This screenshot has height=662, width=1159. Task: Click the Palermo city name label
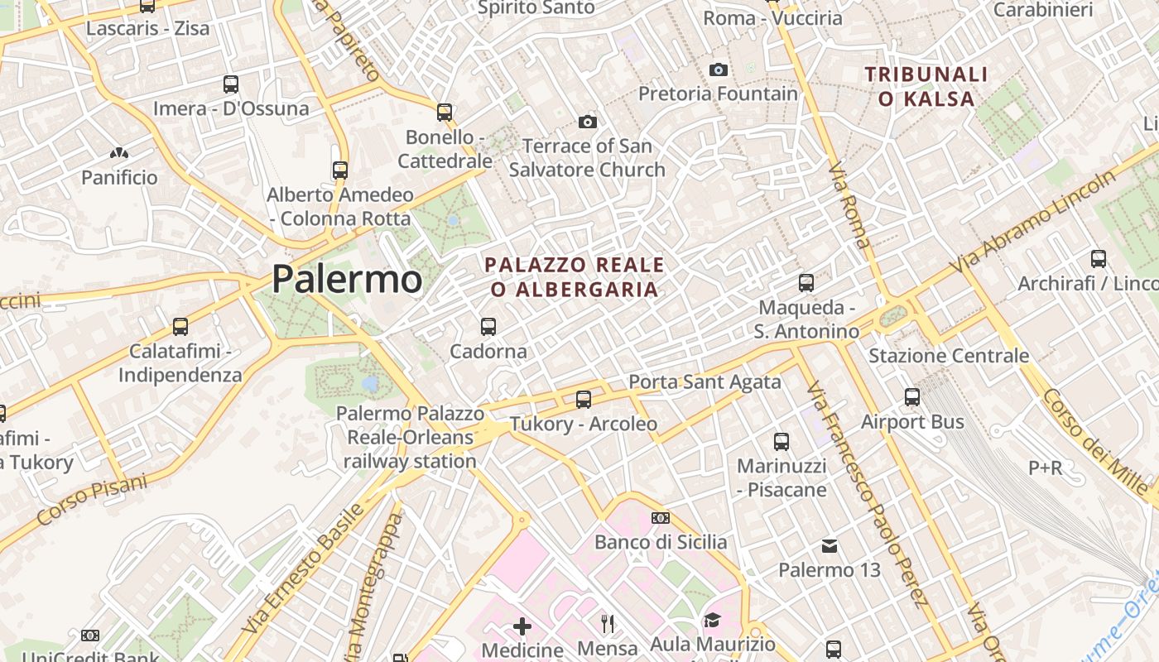tap(347, 280)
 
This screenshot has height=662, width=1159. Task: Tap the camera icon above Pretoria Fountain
tap(719, 70)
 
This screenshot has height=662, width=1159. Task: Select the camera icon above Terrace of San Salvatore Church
tap(587, 122)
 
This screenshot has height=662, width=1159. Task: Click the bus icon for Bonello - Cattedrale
tap(445, 112)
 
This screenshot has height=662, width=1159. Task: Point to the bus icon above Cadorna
tap(488, 327)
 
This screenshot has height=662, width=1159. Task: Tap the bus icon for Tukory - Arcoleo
tap(584, 400)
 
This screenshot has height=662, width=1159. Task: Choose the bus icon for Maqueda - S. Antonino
tap(806, 283)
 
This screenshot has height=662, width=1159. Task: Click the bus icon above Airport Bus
tap(912, 397)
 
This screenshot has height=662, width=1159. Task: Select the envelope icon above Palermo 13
tap(830, 546)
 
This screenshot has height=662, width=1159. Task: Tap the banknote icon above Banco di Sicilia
tap(661, 518)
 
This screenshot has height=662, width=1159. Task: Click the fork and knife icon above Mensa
tap(608, 622)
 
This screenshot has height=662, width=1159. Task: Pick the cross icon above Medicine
tap(522, 626)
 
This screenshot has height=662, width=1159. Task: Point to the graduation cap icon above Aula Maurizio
tap(712, 620)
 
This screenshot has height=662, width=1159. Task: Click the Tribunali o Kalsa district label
tap(926, 87)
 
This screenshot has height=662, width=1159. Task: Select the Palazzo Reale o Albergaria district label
tap(575, 277)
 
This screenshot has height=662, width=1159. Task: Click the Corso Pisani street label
tap(92, 500)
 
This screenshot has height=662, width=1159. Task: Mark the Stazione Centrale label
tap(949, 356)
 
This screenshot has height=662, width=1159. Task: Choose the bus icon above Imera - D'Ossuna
tap(231, 84)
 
